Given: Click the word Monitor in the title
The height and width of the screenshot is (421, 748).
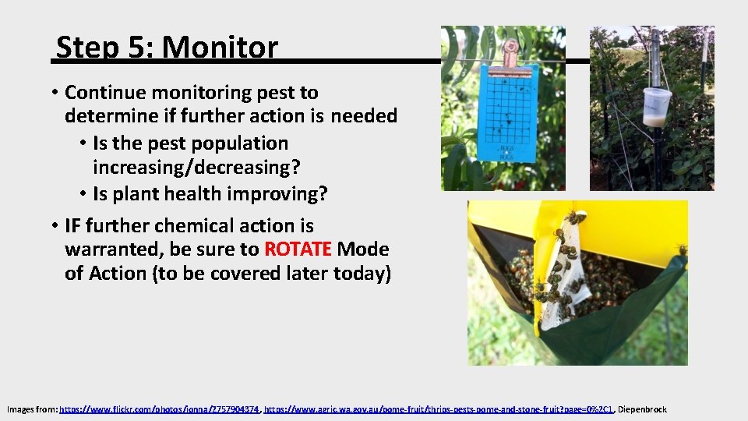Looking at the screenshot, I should pyautogui.click(x=220, y=48).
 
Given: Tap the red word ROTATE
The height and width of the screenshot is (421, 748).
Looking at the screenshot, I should pyautogui.click(x=298, y=249).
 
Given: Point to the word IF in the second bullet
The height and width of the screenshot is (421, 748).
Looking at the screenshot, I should pyautogui.click(x=72, y=226).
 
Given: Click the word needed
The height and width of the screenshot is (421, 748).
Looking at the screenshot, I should pyautogui.click(x=364, y=116).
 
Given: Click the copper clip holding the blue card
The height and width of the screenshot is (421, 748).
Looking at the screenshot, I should pyautogui.click(x=510, y=52).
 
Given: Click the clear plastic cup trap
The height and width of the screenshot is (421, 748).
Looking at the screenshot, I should pyautogui.click(x=657, y=106).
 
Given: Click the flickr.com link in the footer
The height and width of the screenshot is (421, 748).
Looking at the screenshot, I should pyautogui.click(x=159, y=409).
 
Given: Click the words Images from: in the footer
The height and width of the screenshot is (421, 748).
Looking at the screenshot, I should pyautogui.click(x=32, y=409).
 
